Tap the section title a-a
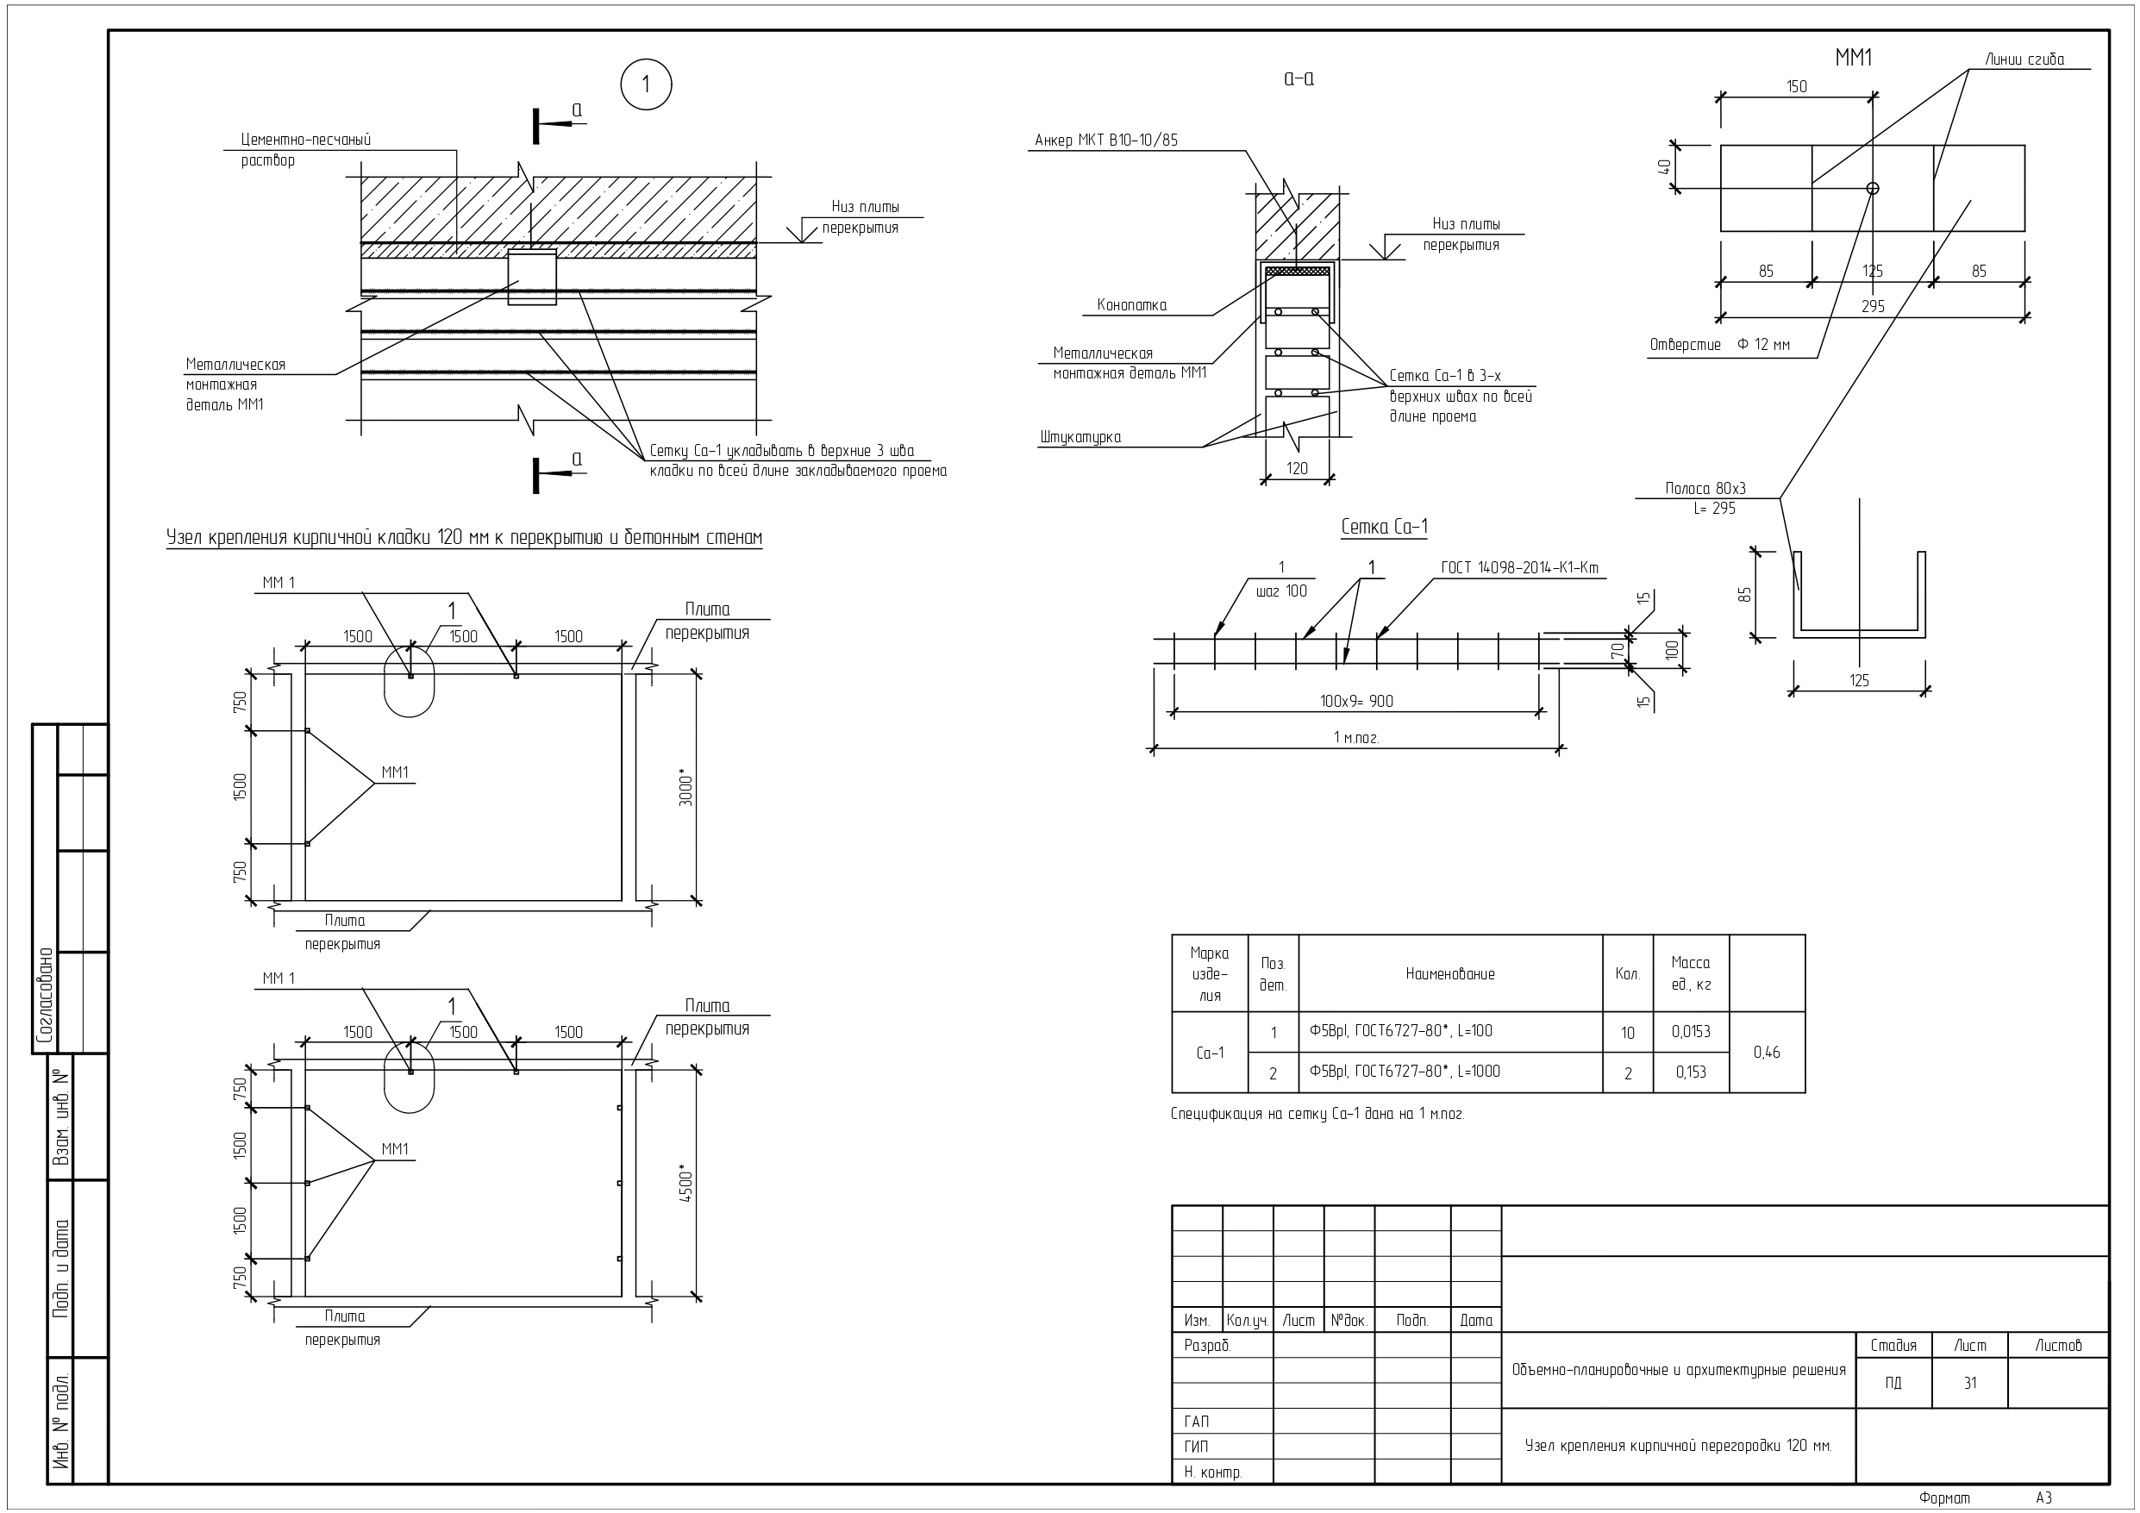pyautogui.click(x=1298, y=78)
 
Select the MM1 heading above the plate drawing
pyautogui.click(x=1854, y=58)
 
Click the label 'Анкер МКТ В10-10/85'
pyautogui.click(x=1106, y=141)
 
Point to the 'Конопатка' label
pyautogui.click(x=1131, y=305)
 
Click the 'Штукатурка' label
pyautogui.click(x=1080, y=437)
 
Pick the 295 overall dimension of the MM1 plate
pyautogui.click(x=1873, y=307)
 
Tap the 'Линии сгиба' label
pyautogui.click(x=2024, y=59)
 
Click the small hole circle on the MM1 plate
pyautogui.click(x=1873, y=188)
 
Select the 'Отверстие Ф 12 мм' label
pyautogui.click(x=1719, y=345)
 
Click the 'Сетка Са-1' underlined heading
pyautogui.click(x=1384, y=527)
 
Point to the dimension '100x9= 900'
pyautogui.click(x=1356, y=701)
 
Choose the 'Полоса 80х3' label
pyautogui.click(x=1705, y=489)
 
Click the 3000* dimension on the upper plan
pyautogui.click(x=687, y=788)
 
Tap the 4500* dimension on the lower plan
pyautogui.click(x=687, y=1184)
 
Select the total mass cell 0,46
pyautogui.click(x=1767, y=1053)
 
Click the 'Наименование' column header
pyautogui.click(x=1450, y=974)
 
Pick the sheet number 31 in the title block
pyautogui.click(x=1969, y=1384)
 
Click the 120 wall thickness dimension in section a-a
pyautogui.click(x=1297, y=469)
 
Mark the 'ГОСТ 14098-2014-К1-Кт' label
pyautogui.click(x=1519, y=568)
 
